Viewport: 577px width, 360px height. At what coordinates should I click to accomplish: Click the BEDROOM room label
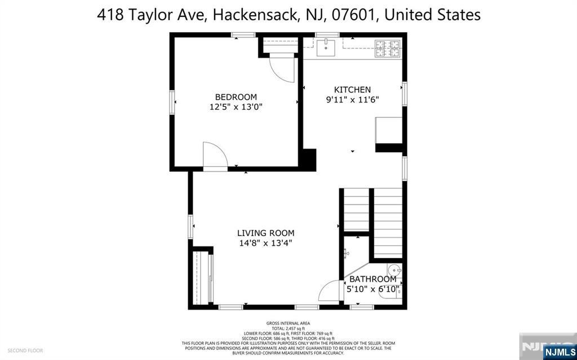(236, 97)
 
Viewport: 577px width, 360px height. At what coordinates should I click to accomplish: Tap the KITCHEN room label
(352, 90)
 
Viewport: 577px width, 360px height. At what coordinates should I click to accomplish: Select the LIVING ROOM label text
(265, 233)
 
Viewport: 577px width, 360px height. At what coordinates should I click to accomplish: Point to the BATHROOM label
(372, 279)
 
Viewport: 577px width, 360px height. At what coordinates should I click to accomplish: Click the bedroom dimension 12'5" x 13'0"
(236, 106)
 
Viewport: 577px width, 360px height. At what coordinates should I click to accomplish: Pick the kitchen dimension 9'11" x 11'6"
(352, 100)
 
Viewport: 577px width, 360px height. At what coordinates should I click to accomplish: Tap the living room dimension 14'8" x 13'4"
(265, 243)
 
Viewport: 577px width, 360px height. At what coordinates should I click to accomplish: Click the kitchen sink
(326, 48)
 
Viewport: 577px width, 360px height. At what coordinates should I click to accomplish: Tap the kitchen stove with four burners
(387, 48)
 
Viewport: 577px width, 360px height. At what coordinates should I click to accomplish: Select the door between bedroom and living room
(215, 156)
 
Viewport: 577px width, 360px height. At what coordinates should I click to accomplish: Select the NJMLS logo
(559, 352)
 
